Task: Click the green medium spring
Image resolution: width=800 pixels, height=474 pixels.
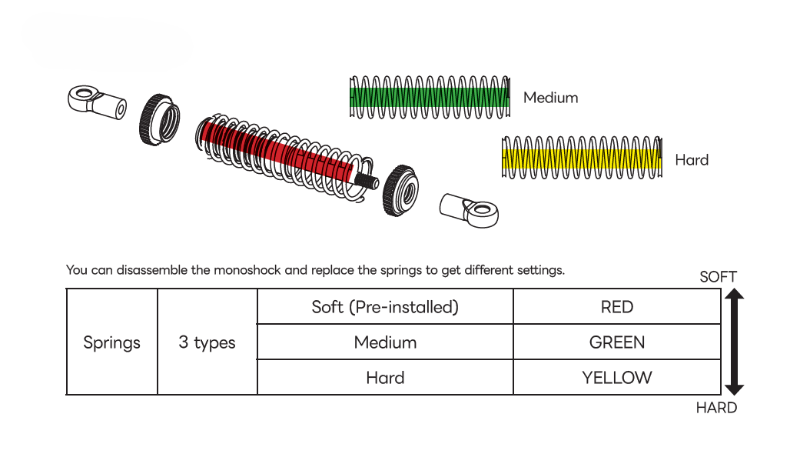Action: click(429, 97)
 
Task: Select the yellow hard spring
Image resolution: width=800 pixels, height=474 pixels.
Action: click(581, 159)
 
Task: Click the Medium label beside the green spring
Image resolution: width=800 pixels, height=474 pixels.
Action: click(550, 98)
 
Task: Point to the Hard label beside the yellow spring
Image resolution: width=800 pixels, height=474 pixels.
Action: click(692, 160)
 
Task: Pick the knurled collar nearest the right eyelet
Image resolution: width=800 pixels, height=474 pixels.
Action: click(400, 190)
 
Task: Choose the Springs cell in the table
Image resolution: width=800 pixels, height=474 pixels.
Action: click(112, 342)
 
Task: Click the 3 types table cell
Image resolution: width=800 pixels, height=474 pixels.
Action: click(207, 342)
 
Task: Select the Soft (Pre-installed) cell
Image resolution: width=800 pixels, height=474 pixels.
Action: click(385, 307)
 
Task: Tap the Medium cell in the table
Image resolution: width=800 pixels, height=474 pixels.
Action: click(385, 342)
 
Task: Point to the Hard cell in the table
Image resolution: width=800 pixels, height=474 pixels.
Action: click(385, 378)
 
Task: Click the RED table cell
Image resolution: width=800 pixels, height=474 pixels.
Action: click(617, 307)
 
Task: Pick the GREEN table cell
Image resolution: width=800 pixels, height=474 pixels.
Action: click(617, 342)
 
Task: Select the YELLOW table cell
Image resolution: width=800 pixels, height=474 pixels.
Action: click(617, 378)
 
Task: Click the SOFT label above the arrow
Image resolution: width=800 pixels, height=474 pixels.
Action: click(718, 277)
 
